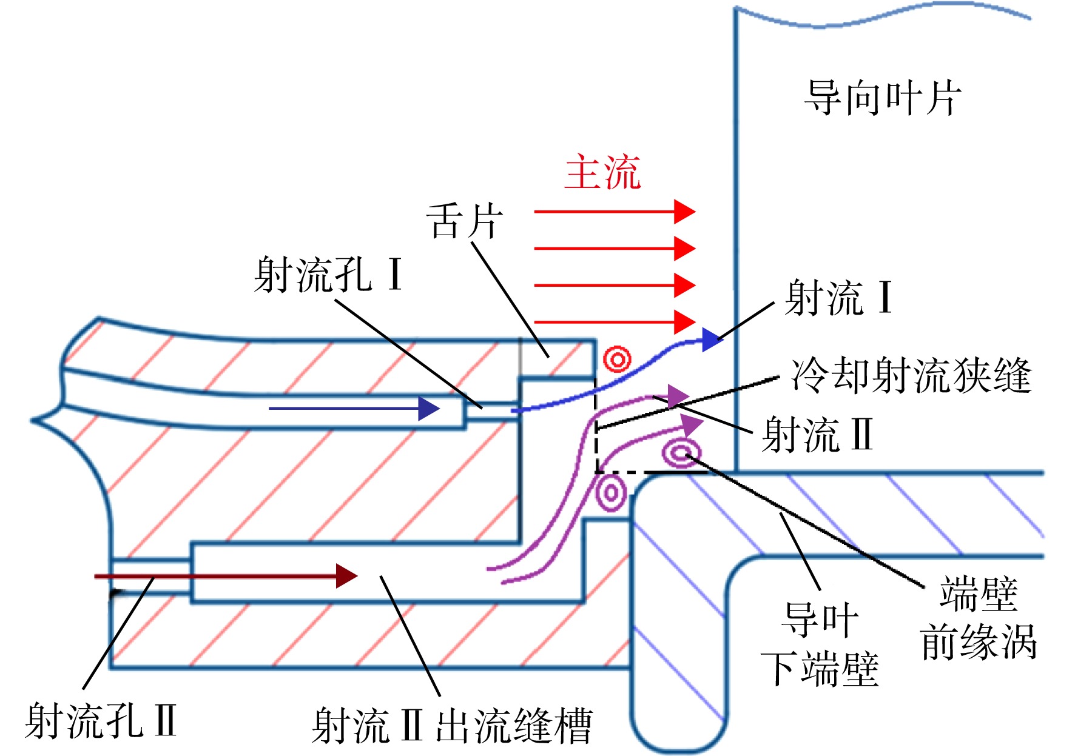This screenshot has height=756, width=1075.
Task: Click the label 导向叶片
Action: (883, 98)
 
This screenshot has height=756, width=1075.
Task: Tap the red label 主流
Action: (602, 172)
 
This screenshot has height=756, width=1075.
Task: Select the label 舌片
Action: (465, 221)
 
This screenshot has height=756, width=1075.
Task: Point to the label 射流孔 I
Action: (328, 275)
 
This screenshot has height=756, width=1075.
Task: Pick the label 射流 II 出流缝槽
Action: (452, 725)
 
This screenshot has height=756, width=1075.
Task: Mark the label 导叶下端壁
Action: (820, 644)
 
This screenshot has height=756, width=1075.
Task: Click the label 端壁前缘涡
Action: (978, 618)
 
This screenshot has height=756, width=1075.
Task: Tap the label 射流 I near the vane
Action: (838, 298)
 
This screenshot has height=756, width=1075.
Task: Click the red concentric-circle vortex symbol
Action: (617, 360)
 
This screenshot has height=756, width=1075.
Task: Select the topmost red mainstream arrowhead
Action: (685, 212)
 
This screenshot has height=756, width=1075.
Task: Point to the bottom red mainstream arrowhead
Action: (685, 322)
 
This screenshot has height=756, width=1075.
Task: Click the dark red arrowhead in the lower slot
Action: (346, 576)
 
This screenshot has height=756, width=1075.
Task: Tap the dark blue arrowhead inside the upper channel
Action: (429, 409)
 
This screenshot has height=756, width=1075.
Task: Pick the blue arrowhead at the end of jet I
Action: (712, 340)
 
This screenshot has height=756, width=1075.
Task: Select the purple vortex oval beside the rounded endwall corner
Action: (611, 493)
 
